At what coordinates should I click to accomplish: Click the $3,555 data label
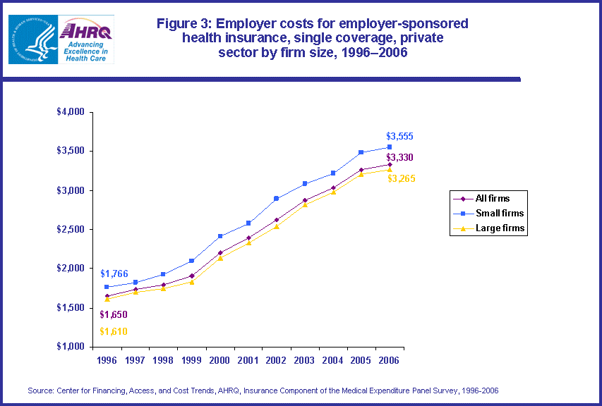tap(399, 136)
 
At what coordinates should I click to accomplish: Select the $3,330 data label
tap(399, 157)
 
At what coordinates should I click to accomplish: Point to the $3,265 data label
tap(402, 178)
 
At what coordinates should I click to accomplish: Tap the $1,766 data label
tap(114, 273)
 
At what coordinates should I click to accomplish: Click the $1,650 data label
tap(113, 314)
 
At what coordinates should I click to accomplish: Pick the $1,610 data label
tap(113, 331)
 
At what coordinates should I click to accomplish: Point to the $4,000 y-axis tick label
tap(71, 112)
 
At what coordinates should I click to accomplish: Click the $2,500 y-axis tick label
tap(71, 230)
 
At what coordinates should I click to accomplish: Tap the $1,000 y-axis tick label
tap(71, 347)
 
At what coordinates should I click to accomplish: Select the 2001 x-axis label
tap(248, 359)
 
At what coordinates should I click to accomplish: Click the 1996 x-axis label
tap(107, 359)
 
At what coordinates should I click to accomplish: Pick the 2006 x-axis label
tap(389, 359)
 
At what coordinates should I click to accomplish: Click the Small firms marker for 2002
tap(277, 199)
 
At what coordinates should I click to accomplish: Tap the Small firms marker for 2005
tap(361, 152)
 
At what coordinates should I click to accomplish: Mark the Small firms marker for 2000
tap(220, 236)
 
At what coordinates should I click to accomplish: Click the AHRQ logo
tap(86, 39)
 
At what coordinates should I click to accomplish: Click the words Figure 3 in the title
tap(183, 24)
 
